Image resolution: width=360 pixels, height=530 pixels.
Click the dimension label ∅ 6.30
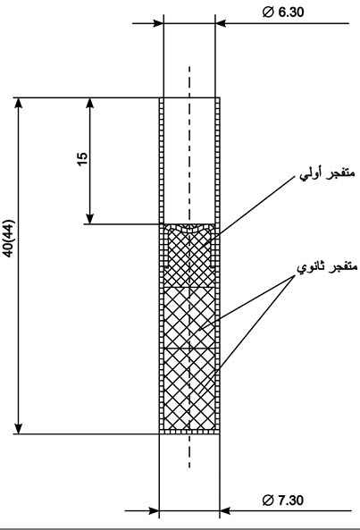tap(283, 13)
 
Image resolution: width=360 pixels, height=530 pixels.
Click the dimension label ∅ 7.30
tap(283, 500)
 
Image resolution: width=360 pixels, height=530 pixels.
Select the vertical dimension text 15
tap(82, 159)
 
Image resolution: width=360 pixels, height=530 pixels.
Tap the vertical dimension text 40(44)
tap(9, 239)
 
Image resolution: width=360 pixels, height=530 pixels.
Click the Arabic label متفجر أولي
tap(328, 174)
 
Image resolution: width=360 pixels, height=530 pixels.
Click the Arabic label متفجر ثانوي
tap(327, 268)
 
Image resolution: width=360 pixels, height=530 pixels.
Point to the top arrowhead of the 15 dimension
tap(90, 103)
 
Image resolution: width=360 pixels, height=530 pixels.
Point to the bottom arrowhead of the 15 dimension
tap(90, 219)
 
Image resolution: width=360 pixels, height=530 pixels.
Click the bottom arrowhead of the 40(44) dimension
tap(19, 428)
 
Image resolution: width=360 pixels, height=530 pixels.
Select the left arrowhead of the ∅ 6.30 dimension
tap(158, 23)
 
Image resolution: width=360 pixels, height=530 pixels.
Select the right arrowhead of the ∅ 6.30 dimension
tap(221, 23)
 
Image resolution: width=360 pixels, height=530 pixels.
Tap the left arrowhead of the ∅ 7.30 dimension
tap(154, 510)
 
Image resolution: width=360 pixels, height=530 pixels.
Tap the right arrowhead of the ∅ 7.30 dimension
tap(225, 510)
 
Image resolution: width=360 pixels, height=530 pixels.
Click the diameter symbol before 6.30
tap(267, 13)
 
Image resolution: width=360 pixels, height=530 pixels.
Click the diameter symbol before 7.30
tap(267, 501)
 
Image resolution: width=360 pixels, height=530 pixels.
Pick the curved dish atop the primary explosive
tap(189, 229)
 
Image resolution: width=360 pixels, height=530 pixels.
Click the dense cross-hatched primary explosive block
tap(189, 257)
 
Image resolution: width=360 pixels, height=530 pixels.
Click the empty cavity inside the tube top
tap(189, 161)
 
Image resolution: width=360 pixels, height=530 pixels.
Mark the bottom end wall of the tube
tap(189, 432)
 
